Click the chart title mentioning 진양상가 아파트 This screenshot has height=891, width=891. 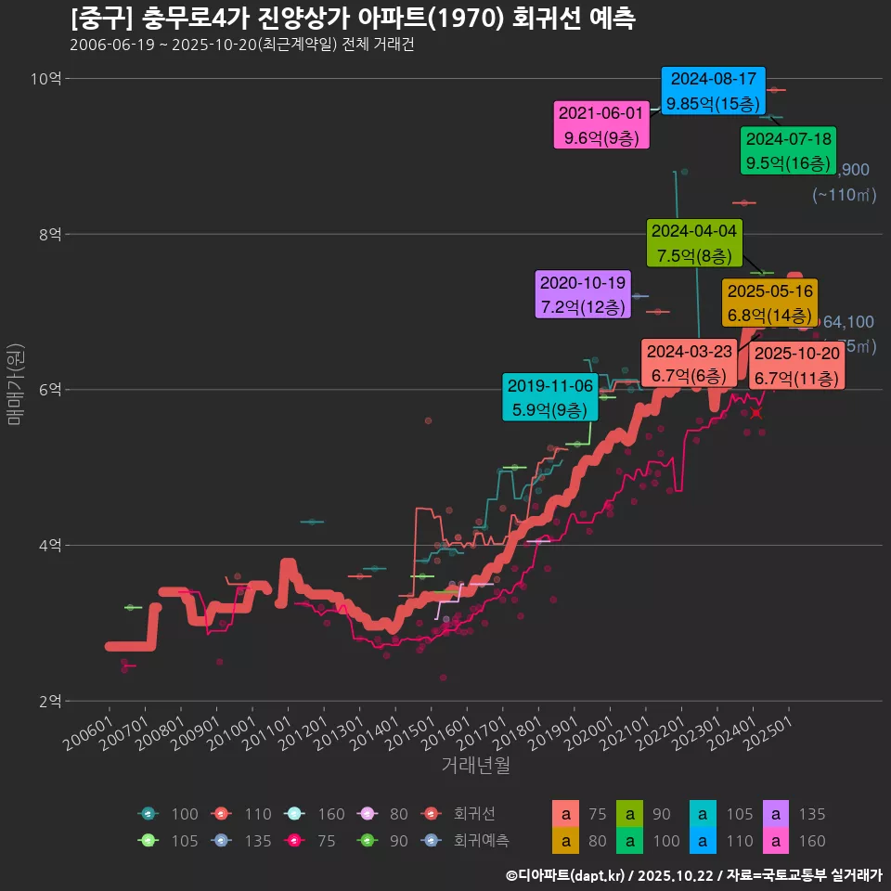point(353,19)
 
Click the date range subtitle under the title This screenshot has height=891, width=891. point(241,45)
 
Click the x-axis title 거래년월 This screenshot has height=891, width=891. point(475,766)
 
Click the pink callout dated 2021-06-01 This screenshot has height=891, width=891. point(600,125)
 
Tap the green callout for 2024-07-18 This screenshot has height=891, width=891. point(789,150)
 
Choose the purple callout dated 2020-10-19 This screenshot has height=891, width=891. point(584,294)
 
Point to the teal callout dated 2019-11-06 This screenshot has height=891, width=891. point(550,396)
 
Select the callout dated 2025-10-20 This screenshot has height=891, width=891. point(796,366)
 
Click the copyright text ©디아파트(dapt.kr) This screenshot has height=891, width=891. point(567,874)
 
